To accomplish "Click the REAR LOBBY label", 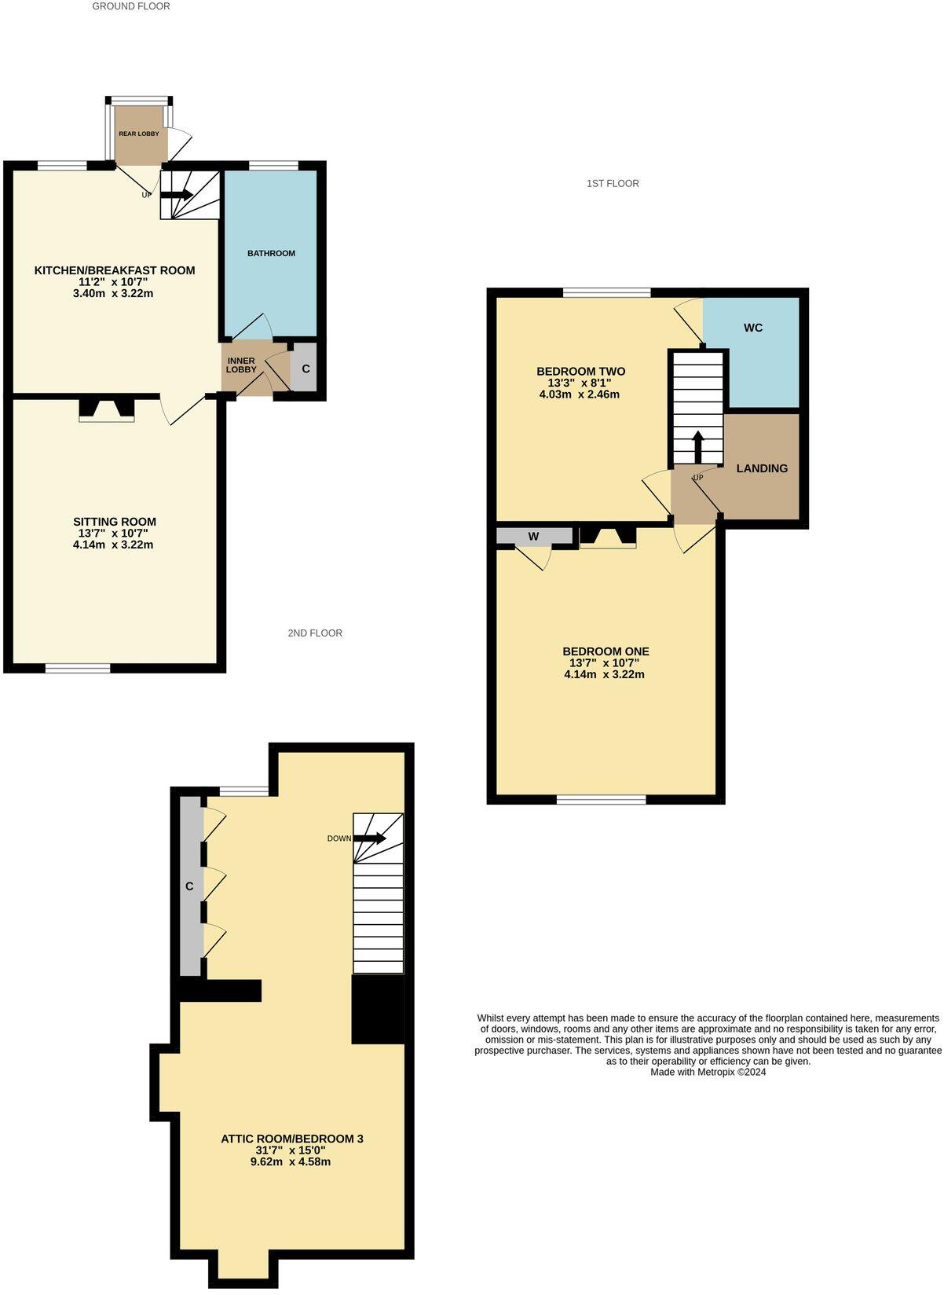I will click(138, 134).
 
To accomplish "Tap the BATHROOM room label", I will click(271, 253).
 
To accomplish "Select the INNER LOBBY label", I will click(241, 365).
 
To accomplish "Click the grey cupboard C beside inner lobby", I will click(306, 368).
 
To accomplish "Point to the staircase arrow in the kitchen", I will click(177, 194).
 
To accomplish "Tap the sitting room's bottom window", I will click(78, 668).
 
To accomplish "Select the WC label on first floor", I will click(753, 328).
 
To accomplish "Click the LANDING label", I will click(762, 468).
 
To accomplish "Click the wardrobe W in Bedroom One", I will click(534, 537).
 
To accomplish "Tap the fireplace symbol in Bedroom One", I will click(608, 537).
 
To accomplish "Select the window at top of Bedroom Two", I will click(606, 292).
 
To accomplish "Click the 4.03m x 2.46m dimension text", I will click(580, 394).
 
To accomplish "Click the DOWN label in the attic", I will click(339, 838).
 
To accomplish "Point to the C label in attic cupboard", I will click(189, 886).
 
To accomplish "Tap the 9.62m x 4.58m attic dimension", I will click(291, 1161).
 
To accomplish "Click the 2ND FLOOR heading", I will click(314, 633).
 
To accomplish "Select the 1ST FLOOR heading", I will click(613, 183).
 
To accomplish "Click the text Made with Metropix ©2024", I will click(708, 1072).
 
